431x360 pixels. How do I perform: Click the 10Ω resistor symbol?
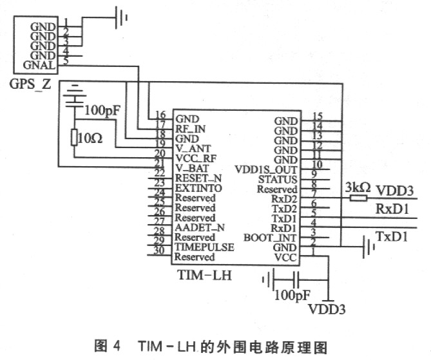[x=74, y=137]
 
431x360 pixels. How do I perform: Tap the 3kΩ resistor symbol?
[x=358, y=198]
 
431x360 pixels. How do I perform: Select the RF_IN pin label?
[x=190, y=129]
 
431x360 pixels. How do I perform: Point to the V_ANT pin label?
[x=193, y=149]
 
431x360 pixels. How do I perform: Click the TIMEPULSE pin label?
[x=204, y=247]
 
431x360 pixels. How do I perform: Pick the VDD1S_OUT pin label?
[x=266, y=169]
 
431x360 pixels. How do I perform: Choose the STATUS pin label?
[x=278, y=180]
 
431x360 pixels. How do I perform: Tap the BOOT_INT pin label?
[x=270, y=238]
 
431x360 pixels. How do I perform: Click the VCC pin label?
[x=285, y=258]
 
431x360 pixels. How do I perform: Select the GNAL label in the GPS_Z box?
[x=39, y=65]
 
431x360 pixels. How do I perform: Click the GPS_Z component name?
[x=30, y=84]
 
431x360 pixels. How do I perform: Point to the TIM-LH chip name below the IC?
[x=205, y=275]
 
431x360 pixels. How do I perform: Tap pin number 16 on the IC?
[x=160, y=115]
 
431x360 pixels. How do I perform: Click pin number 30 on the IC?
[x=159, y=251]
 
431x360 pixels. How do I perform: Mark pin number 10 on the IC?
[x=317, y=164]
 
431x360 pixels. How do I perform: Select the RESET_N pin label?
[x=198, y=178]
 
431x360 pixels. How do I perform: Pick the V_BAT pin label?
[x=192, y=168]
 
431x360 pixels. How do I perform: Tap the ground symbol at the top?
[x=121, y=17]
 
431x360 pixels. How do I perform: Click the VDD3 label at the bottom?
[x=327, y=309]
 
